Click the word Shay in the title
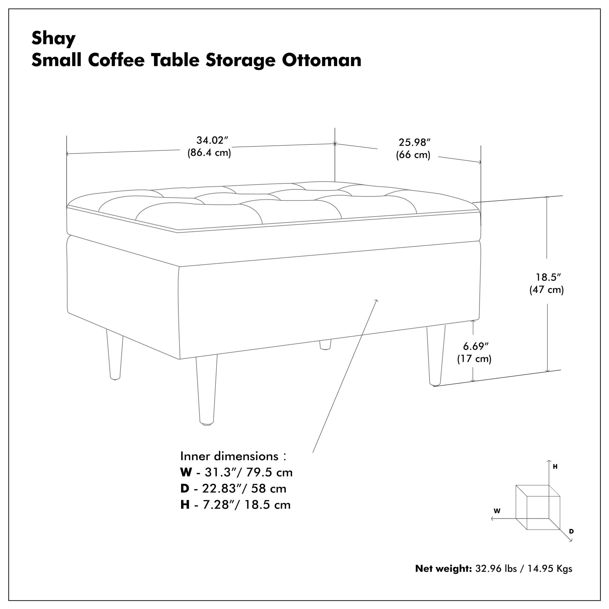[x=53, y=39]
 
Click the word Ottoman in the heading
[x=321, y=60]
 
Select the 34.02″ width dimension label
[x=212, y=140]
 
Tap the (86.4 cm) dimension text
[x=209, y=153]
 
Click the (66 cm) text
[x=413, y=155]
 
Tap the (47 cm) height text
[x=546, y=290]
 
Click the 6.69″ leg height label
[x=475, y=346]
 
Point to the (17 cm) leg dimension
[x=474, y=359]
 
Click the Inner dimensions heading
[x=229, y=456]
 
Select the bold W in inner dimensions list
[x=186, y=473]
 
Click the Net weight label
[x=443, y=569]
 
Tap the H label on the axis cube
[x=555, y=467]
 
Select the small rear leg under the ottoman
[x=325, y=345]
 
